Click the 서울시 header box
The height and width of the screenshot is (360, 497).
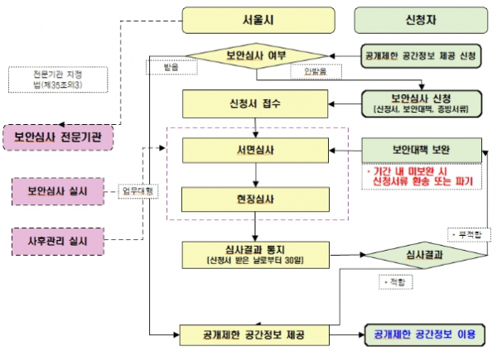coord(258,19)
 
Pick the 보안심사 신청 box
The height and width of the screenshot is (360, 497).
coord(422,103)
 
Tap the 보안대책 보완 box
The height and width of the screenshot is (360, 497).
coord(422,151)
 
